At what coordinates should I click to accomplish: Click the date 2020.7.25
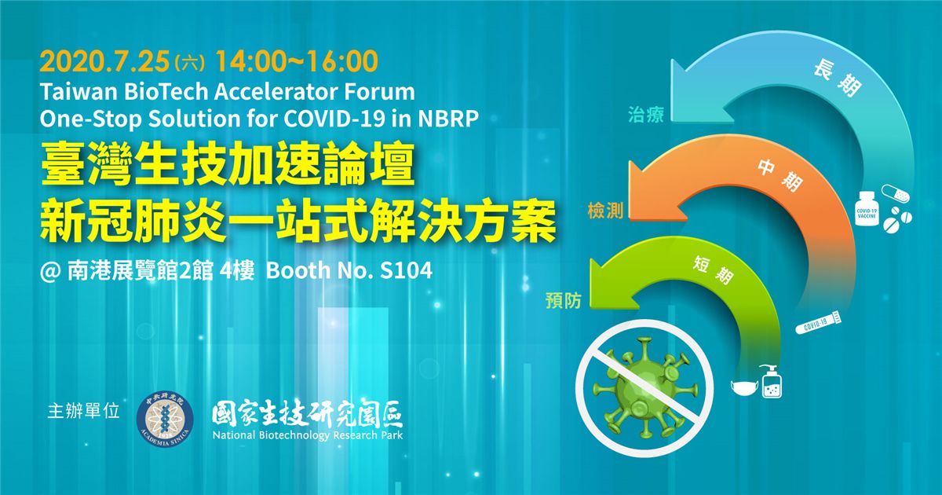click(x=104, y=62)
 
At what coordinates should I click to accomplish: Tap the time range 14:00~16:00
click(x=297, y=61)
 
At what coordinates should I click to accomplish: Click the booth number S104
click(x=406, y=270)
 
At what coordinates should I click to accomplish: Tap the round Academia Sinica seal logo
click(x=166, y=417)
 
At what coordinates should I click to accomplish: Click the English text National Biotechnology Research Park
click(x=308, y=434)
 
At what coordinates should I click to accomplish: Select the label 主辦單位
click(x=84, y=411)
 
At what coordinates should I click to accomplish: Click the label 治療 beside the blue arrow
click(x=646, y=115)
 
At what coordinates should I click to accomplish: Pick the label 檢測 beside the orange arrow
click(x=605, y=211)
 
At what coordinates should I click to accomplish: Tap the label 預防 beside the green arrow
click(x=564, y=300)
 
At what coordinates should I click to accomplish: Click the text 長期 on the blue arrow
click(x=837, y=80)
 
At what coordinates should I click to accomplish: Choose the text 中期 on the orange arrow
click(x=780, y=175)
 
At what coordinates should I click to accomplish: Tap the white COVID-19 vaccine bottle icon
click(x=867, y=209)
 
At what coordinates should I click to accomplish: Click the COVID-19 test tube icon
click(x=818, y=322)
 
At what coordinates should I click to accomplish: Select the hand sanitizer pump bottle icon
click(x=772, y=381)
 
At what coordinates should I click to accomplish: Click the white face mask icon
click(x=744, y=387)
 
